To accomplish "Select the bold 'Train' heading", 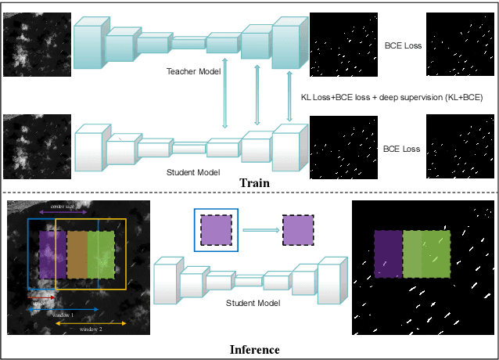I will click(x=254, y=183).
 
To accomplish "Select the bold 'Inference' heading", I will click(x=254, y=349).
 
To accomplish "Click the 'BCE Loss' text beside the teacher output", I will click(x=404, y=45).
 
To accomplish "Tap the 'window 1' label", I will click(x=63, y=314).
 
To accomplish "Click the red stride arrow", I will click(x=40, y=297).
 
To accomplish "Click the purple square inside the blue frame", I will click(x=216, y=230).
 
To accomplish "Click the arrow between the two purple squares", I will click(x=260, y=230).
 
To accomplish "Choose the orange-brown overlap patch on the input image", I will click(x=76, y=254).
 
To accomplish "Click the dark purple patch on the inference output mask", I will click(x=387, y=254).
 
